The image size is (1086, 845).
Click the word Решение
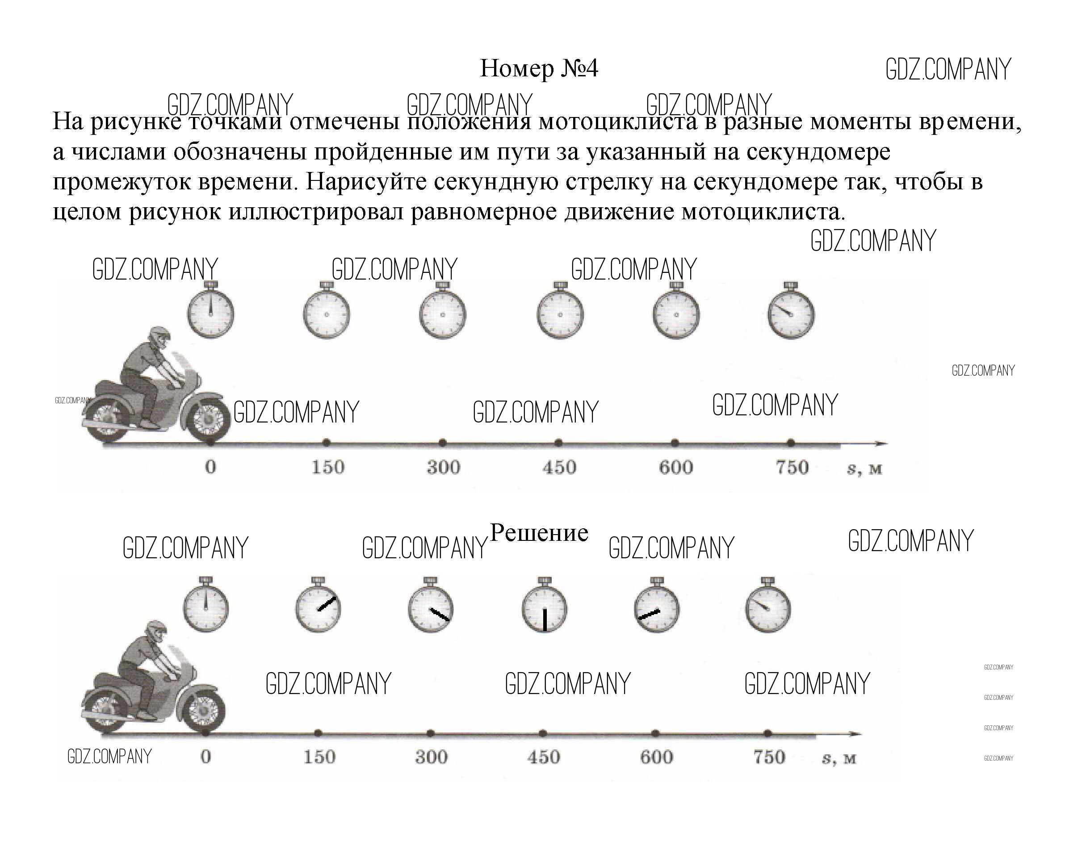539,533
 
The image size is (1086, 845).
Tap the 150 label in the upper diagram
328,467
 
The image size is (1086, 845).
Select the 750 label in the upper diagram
792,467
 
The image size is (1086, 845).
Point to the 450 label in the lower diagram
544,757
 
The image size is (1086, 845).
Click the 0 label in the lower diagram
206,757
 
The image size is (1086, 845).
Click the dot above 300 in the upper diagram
443,443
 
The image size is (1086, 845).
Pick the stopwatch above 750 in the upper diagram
791,313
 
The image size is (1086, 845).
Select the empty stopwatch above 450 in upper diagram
560,313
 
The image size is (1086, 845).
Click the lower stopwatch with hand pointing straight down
545,608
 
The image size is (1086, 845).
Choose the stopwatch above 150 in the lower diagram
318,608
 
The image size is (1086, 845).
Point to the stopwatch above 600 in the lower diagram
657,608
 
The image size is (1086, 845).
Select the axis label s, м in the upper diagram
864,468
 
